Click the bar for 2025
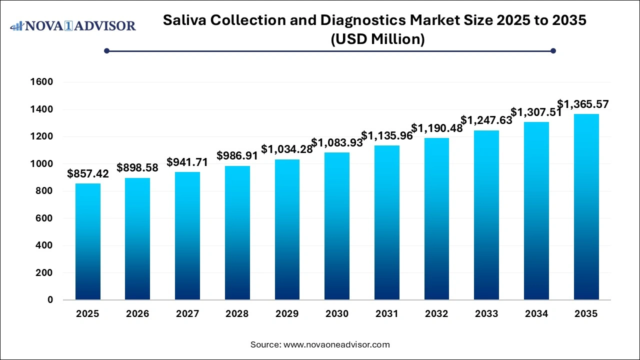click(x=88, y=241)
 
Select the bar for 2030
click(x=337, y=226)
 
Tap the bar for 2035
click(x=586, y=207)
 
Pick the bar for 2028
click(x=237, y=232)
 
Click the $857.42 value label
click(x=88, y=174)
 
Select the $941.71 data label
click(x=187, y=162)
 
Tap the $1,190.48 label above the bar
click(x=436, y=128)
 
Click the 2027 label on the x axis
click(x=187, y=314)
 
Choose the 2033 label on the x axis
click(x=486, y=314)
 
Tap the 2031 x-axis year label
click(x=387, y=314)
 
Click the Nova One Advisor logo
click(x=73, y=25)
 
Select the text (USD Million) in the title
click(x=377, y=39)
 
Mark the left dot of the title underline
click(x=106, y=50)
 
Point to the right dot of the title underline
click(x=553, y=50)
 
